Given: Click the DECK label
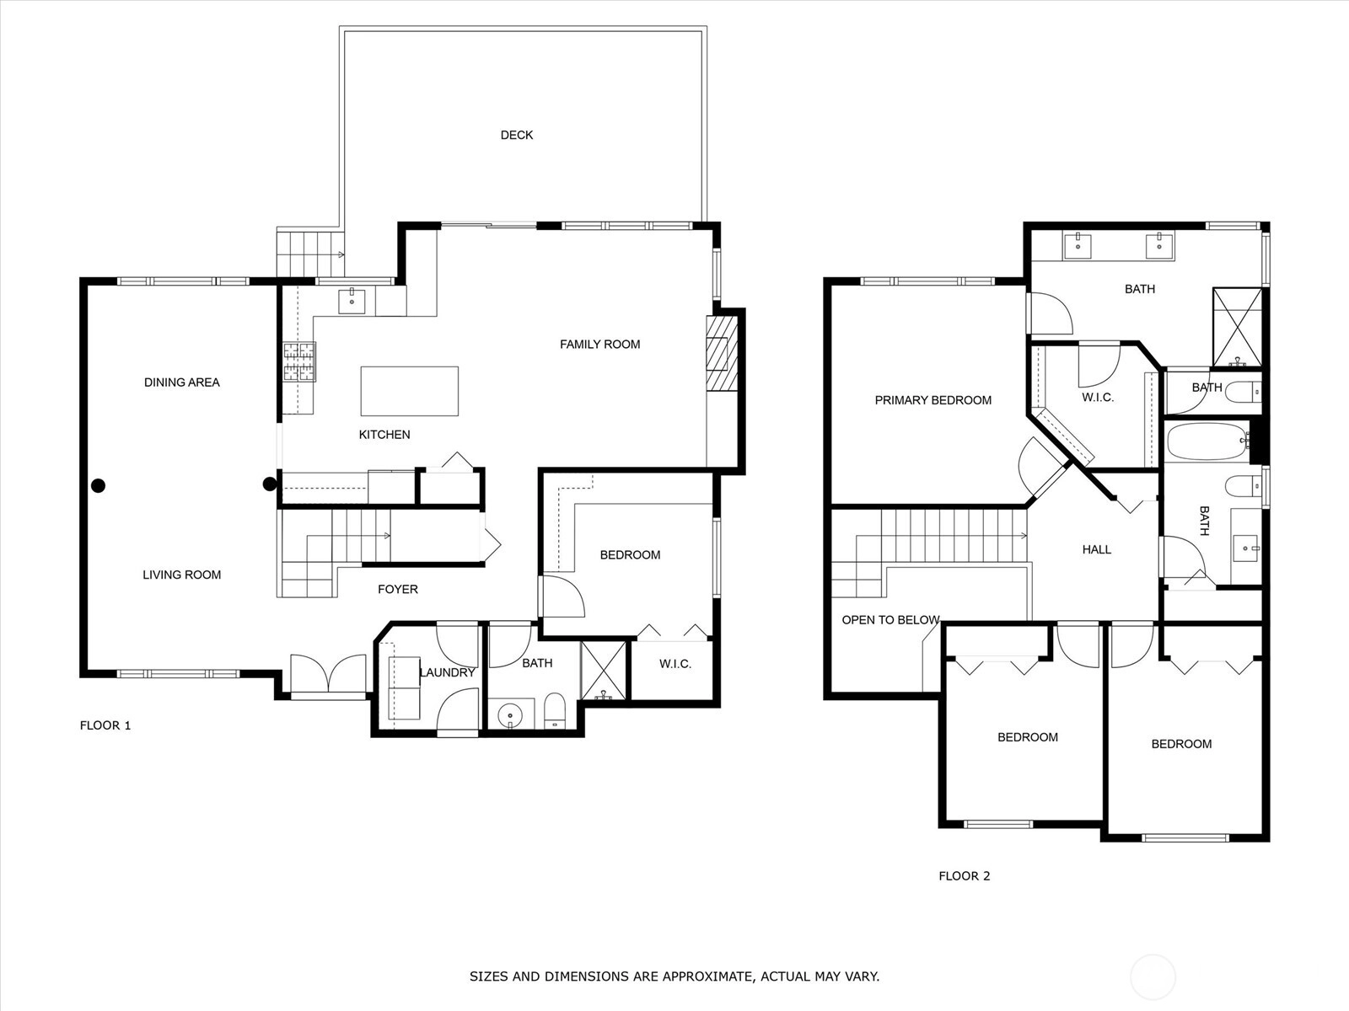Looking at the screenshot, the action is [x=516, y=135].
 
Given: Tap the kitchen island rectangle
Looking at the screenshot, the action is [x=409, y=391].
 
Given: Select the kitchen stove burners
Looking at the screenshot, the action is [x=299, y=361].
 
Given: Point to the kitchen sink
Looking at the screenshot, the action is [x=352, y=301].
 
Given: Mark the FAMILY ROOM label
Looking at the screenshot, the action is [x=599, y=345].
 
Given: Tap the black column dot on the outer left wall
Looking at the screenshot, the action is [x=99, y=485].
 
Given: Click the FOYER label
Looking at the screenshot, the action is [x=398, y=589].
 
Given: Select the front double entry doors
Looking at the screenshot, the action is [x=328, y=675].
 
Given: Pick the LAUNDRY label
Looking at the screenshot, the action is [x=448, y=672].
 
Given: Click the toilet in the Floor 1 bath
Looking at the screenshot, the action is [x=554, y=710].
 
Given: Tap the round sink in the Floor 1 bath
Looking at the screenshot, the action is [x=510, y=715].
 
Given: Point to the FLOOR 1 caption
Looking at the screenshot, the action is [x=105, y=725].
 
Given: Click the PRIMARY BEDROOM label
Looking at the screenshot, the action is [x=933, y=400].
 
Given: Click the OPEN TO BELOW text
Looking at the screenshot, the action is [x=890, y=620].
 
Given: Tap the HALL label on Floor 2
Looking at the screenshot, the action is [x=1096, y=549].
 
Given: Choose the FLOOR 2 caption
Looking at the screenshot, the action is [x=965, y=876].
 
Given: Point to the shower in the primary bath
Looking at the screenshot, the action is [x=1237, y=327].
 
